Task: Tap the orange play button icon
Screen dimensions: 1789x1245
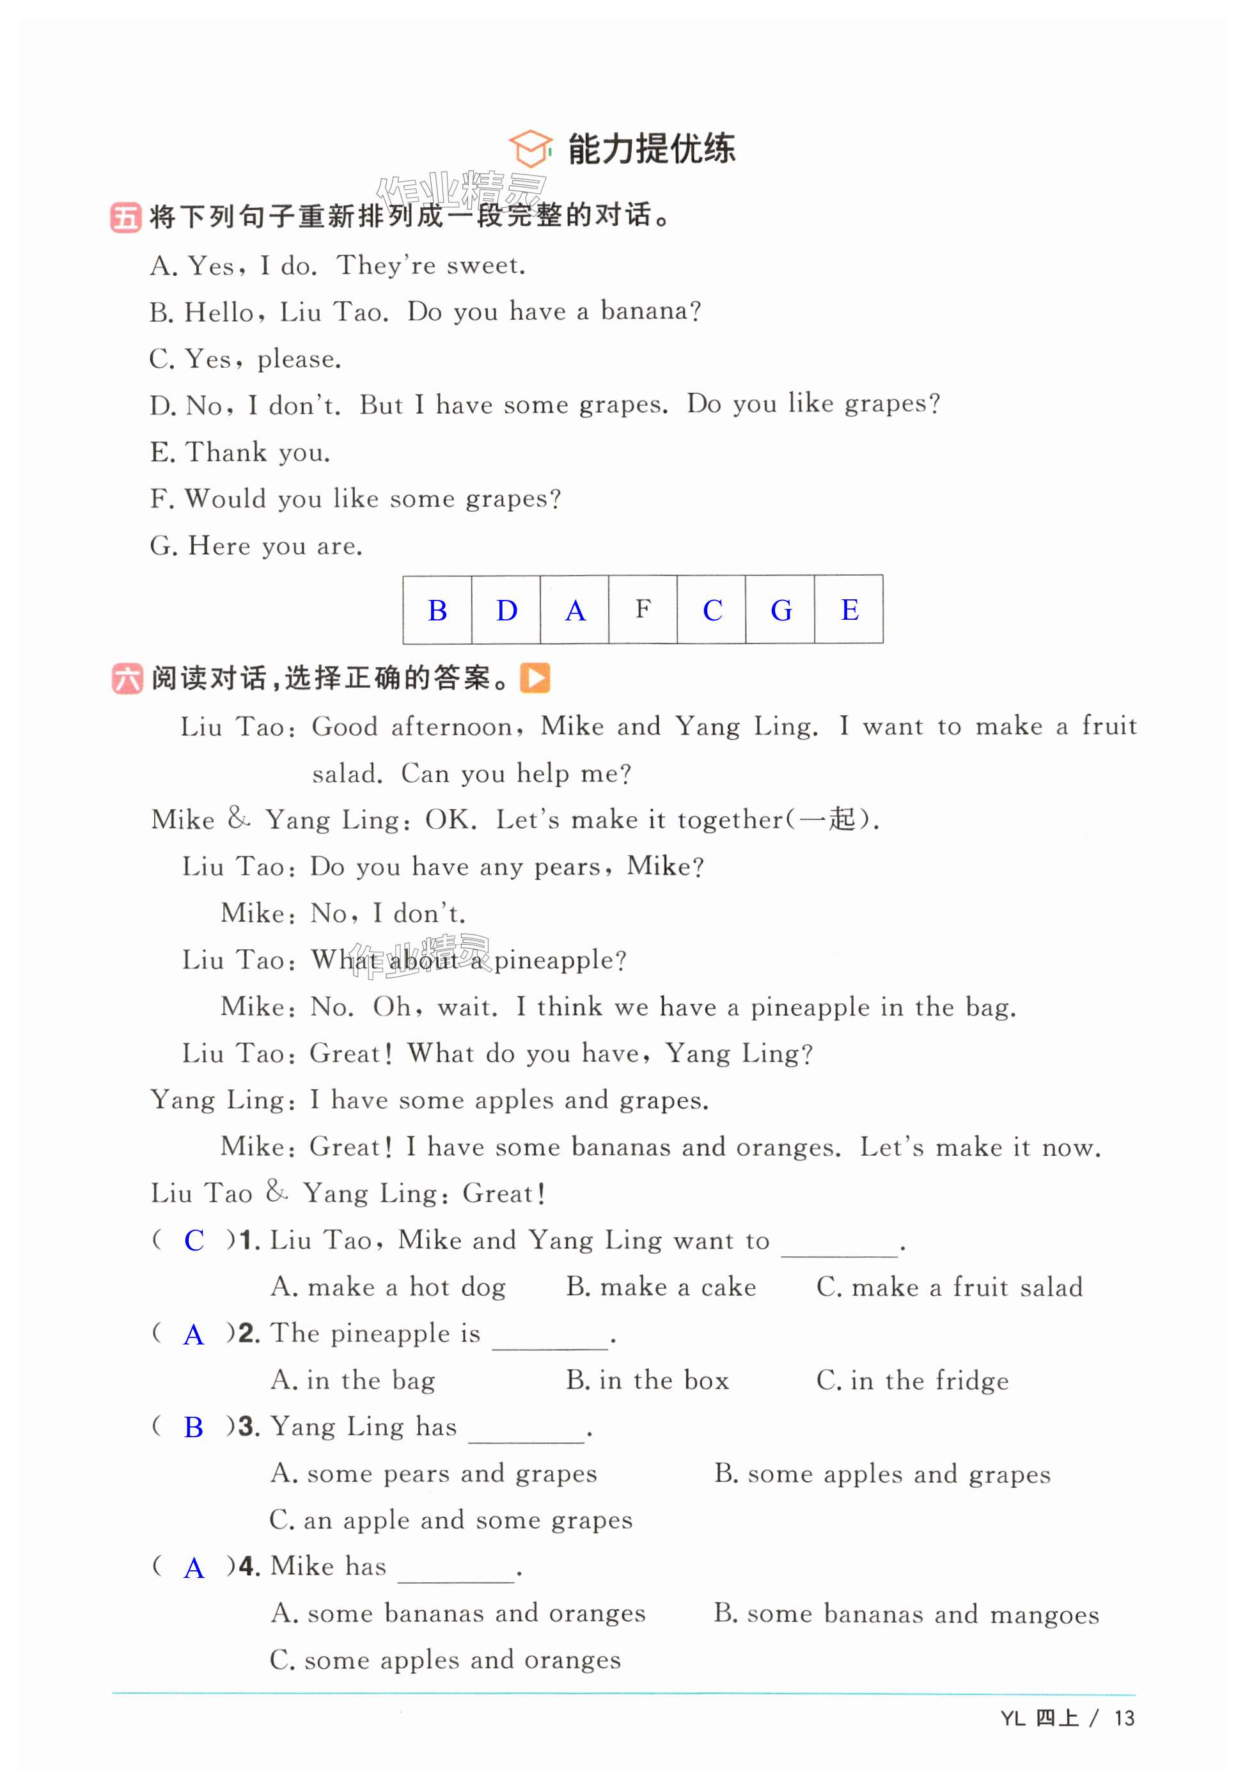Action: point(535,678)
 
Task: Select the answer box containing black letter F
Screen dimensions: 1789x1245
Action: point(642,610)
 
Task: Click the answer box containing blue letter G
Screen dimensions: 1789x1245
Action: point(780,610)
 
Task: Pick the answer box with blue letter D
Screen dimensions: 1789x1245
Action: point(506,610)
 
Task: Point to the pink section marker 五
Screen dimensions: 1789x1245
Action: point(125,217)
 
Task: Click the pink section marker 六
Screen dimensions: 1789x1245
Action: point(127,679)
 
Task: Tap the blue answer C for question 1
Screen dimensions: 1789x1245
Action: point(194,1240)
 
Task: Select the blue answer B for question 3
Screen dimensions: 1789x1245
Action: point(193,1428)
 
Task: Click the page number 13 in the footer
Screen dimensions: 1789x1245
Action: point(1124,1718)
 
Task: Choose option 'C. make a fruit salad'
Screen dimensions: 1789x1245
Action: point(949,1287)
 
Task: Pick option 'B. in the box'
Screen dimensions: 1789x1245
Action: point(646,1381)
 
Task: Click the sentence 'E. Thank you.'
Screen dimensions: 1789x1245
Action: point(240,452)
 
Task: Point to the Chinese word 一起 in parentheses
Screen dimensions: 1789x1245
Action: point(827,819)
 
